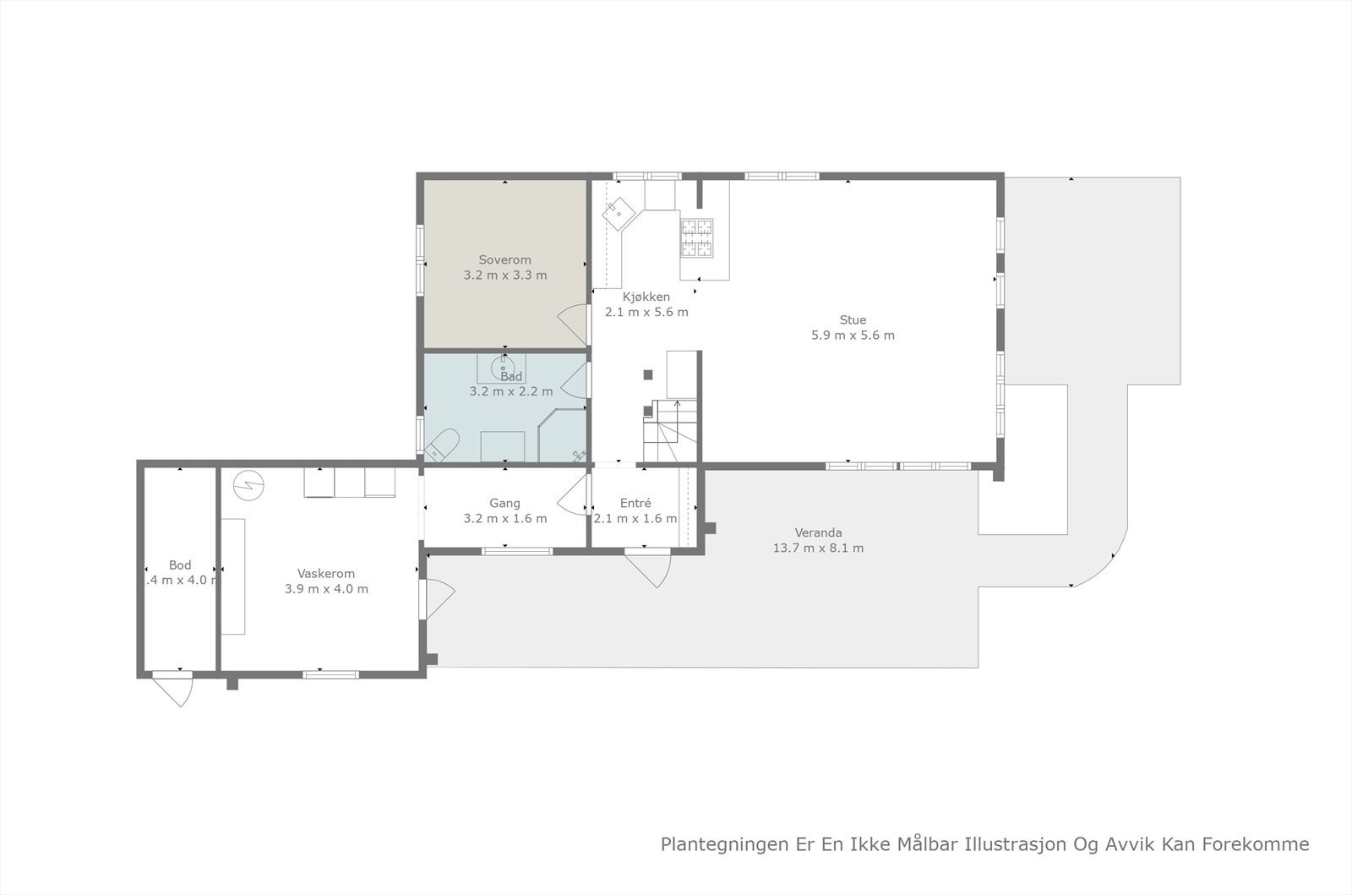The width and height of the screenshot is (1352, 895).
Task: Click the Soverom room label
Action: [x=504, y=259]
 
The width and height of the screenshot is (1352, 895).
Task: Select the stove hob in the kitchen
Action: [x=697, y=237]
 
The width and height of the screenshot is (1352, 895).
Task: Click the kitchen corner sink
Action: [x=619, y=211]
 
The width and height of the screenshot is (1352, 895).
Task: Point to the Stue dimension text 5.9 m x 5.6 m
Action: [x=853, y=336]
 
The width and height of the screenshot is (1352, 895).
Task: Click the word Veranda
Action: [x=818, y=533]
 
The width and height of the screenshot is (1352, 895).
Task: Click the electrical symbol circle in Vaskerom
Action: [x=249, y=484]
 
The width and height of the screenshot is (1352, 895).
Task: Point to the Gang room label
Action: [x=504, y=504]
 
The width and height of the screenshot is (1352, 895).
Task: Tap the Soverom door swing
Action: [x=573, y=324]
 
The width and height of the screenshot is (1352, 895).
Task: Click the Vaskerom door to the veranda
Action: [x=439, y=598]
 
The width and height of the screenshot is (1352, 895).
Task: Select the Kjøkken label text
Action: [x=646, y=297]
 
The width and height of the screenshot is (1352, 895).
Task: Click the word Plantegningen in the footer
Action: [x=716, y=844]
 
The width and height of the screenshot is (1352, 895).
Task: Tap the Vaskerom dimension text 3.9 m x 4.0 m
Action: [x=326, y=589]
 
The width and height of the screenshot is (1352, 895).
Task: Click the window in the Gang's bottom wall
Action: [x=516, y=552]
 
